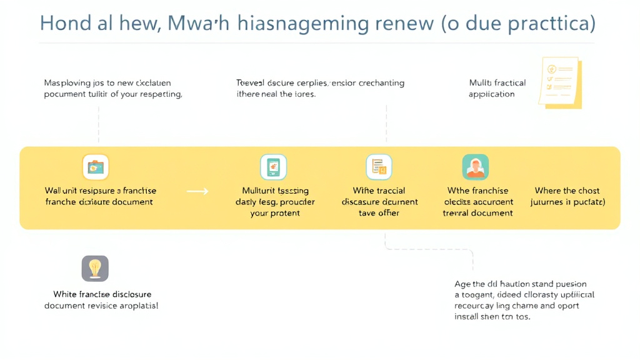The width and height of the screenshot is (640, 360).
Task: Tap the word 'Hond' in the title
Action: [x=63, y=23]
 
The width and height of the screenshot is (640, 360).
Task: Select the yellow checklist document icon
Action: [x=560, y=82]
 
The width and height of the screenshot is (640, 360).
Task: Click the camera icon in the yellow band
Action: [x=96, y=167]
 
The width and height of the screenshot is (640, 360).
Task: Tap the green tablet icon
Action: [x=273, y=167]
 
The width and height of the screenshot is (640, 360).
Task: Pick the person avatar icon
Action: [x=475, y=167]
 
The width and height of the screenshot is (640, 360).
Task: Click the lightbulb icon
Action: [x=95, y=268]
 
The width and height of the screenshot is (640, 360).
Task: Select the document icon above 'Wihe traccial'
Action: [x=379, y=167]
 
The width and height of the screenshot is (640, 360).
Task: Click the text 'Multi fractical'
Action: [x=497, y=82]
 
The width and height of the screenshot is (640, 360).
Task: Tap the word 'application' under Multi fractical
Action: [x=491, y=94]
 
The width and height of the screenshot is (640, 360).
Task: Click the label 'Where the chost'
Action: [x=567, y=191]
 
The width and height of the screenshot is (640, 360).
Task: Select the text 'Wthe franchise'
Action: [x=477, y=191]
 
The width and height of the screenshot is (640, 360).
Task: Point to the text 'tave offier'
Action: [x=379, y=213]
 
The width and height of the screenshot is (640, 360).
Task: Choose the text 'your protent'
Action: [x=275, y=213]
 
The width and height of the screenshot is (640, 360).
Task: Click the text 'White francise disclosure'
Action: [x=102, y=294]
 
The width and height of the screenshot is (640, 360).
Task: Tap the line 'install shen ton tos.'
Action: [x=492, y=317]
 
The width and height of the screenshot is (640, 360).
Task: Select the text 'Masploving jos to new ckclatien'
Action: [x=107, y=82]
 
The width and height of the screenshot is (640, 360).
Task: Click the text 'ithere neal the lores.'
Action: [x=276, y=94]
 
